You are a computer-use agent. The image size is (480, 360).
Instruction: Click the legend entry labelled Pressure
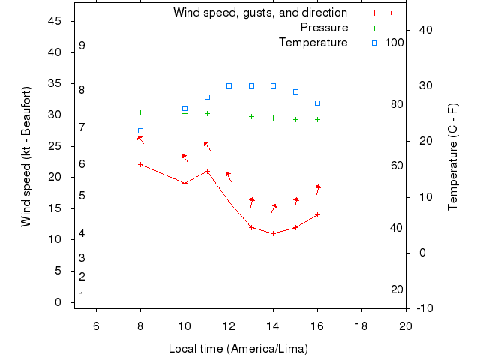pos(324,28)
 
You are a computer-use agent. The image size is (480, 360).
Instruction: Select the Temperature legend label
pos(313,43)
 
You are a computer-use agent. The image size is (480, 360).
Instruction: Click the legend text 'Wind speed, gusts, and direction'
pos(259,13)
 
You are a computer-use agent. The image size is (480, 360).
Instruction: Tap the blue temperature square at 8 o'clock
pos(140,130)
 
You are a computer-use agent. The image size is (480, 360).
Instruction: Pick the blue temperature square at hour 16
pos(317,103)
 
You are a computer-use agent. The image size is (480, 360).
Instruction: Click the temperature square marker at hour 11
pos(207,97)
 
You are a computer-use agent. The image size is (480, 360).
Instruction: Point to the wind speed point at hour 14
pos(273,233)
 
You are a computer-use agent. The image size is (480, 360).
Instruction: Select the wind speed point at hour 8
pos(140,164)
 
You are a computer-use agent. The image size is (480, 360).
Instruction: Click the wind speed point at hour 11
pos(207,171)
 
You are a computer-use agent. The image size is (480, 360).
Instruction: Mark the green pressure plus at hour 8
pos(140,112)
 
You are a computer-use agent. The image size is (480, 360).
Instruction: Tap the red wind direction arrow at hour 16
pos(318,189)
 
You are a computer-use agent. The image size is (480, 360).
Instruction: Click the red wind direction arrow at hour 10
pos(184,158)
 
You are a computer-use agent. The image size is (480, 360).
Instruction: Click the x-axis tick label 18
pos(361,325)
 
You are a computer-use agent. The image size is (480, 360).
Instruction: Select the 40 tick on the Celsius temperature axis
pos(421,30)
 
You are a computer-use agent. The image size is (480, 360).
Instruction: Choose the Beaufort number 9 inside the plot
pos(82,46)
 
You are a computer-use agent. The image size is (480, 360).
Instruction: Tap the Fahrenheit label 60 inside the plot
pos(397,166)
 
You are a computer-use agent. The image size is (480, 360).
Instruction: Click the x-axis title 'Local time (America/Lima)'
pos(238,349)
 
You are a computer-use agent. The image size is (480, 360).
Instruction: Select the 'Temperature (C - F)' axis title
pos(452,157)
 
